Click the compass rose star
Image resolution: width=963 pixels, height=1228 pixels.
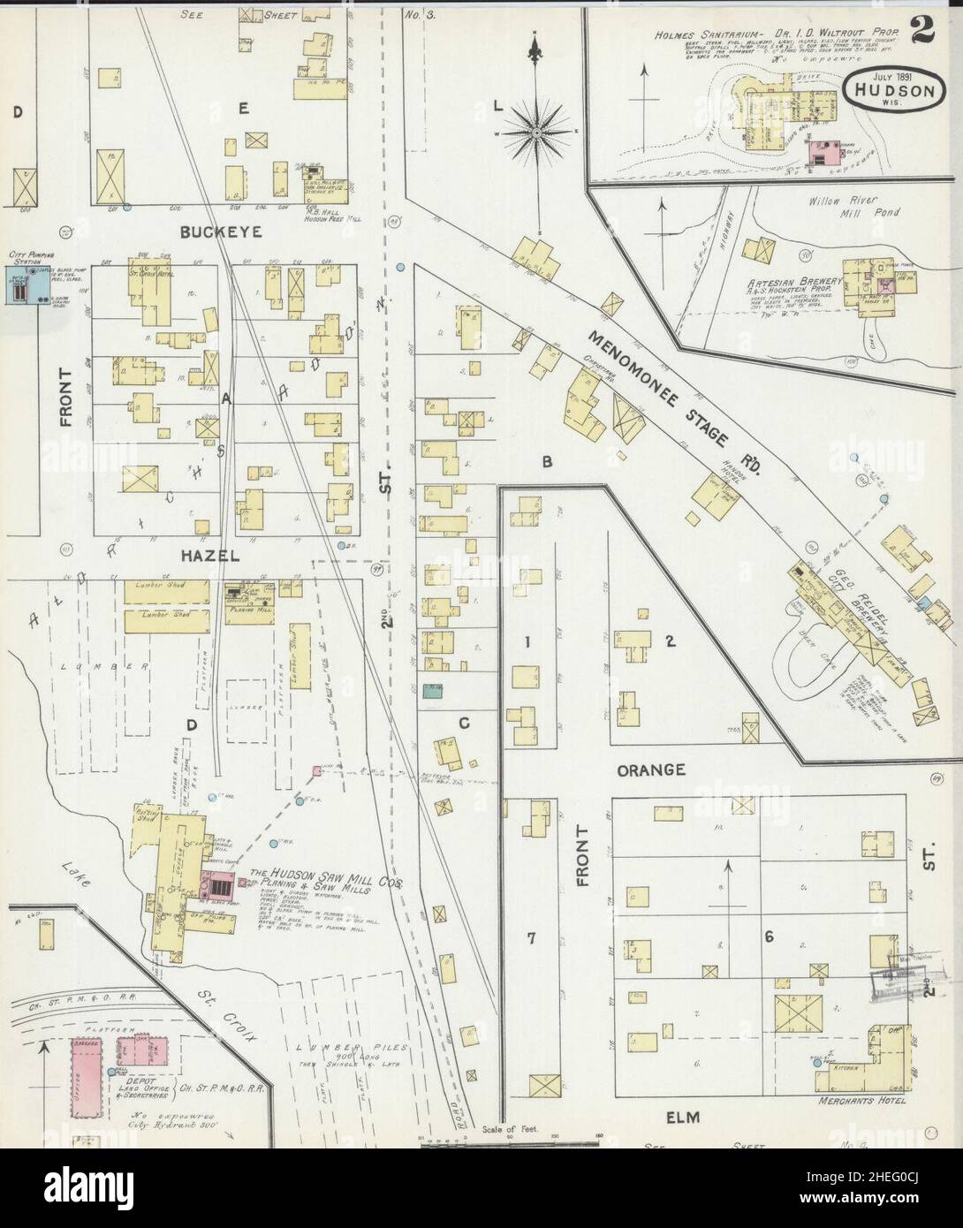coord(535,133)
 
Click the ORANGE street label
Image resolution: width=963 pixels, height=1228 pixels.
coord(651,769)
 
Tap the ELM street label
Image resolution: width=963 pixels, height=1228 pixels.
coord(683,1118)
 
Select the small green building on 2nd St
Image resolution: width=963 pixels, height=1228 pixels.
coord(433,691)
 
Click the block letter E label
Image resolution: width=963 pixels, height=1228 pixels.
coord(242,108)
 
